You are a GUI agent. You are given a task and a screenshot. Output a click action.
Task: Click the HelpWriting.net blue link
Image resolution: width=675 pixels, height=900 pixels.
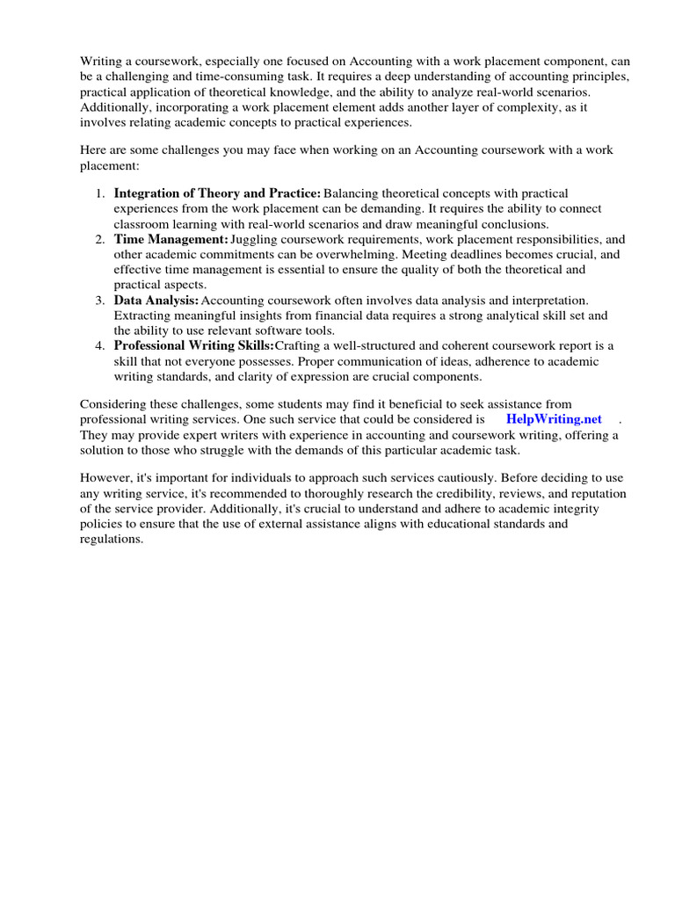tap(554, 419)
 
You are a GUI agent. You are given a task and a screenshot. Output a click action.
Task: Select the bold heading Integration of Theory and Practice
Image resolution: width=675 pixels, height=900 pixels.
tap(217, 193)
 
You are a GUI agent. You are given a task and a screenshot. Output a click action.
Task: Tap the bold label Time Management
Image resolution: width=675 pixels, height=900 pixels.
tap(171, 239)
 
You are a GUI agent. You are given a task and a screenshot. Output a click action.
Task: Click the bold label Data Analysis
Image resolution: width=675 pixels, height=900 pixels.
tap(156, 301)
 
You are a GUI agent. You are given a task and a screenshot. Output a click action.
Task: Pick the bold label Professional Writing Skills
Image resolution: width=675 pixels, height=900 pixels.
tap(193, 346)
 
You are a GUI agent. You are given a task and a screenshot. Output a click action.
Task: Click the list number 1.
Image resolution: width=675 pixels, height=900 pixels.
tap(101, 193)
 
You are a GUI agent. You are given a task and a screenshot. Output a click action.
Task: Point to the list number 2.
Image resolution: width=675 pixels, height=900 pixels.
tap(101, 239)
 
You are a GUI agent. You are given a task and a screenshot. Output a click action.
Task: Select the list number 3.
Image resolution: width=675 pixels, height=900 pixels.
tap(101, 301)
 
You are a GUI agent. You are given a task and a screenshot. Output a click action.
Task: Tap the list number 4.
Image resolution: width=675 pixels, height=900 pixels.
tap(101, 346)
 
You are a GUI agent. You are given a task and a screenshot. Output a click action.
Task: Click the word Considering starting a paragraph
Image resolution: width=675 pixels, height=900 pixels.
tap(113, 404)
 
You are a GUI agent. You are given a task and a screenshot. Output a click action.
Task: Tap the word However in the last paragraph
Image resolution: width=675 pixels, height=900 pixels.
tap(106, 478)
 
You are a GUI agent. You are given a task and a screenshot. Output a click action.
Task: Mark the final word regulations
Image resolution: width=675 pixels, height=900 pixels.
tap(111, 540)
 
